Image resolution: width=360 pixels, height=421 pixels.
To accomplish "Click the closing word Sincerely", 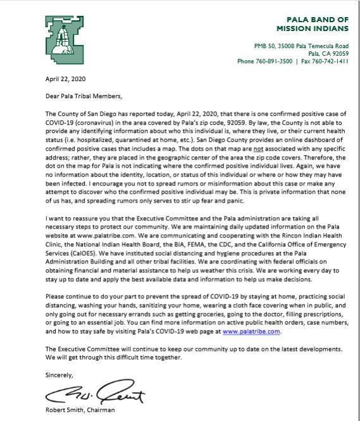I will point(59,375).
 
